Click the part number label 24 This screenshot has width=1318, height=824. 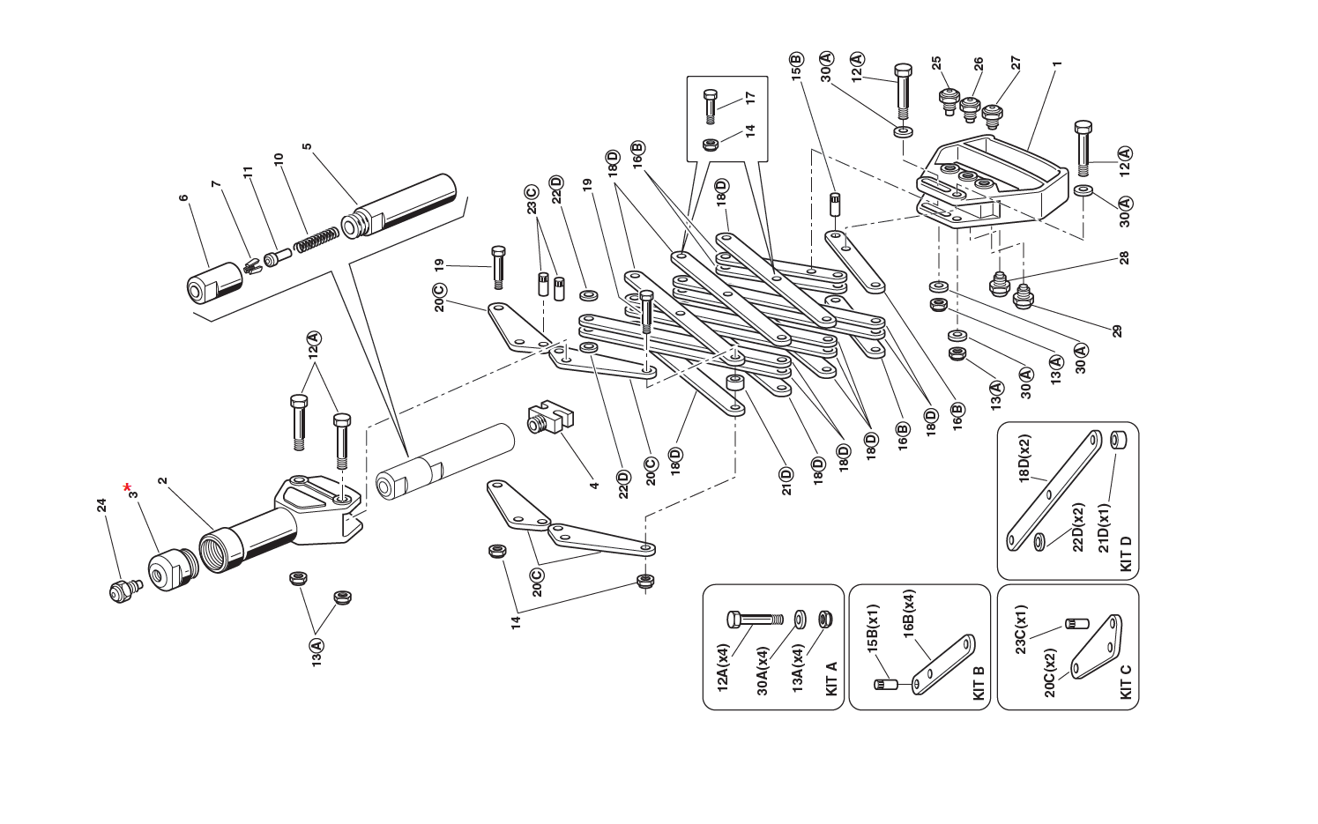coord(101,505)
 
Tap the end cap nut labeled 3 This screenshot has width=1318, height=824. coord(168,570)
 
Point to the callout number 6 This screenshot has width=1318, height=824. coord(183,198)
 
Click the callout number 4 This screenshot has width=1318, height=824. coord(594,485)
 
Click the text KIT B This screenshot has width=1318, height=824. coord(978,683)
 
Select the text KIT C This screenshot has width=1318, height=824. coord(1125,680)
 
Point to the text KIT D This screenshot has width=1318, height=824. coord(1125,553)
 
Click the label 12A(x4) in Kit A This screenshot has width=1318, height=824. coord(723,668)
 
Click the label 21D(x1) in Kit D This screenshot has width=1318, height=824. coord(1104,529)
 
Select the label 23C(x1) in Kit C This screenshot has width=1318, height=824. coord(1020,630)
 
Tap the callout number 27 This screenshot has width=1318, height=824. coord(1016,63)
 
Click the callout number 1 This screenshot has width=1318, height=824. coord(1057,63)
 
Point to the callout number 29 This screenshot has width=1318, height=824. coord(1117,331)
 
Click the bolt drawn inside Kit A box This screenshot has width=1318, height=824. coord(754,620)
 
